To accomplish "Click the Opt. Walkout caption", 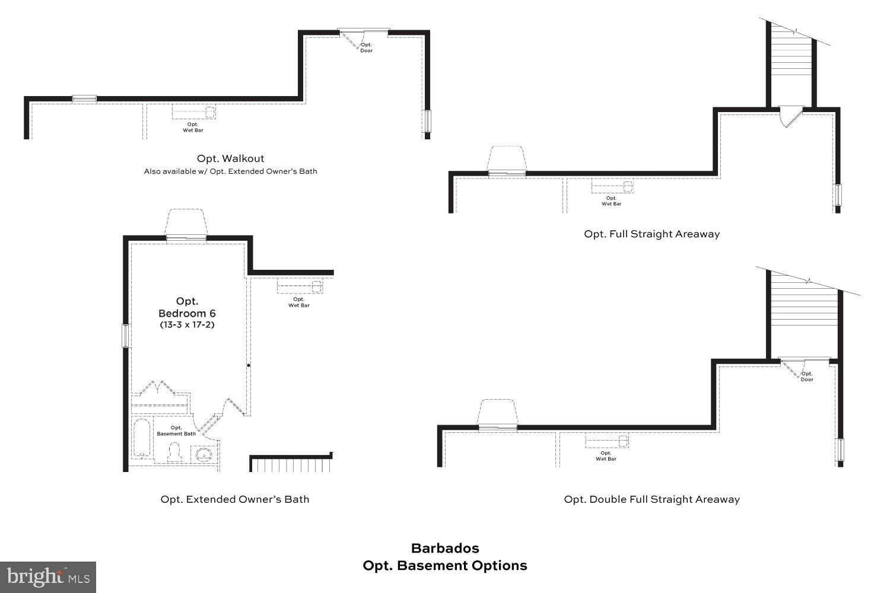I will [230, 158].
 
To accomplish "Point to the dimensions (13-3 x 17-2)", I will [186, 325].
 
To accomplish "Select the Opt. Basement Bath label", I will [176, 431].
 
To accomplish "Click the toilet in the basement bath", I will [174, 453].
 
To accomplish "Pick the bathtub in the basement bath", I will [142, 438].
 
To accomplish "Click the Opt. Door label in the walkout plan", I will [367, 47].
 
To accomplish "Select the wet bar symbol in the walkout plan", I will [194, 111].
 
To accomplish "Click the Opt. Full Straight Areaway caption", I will [651, 234].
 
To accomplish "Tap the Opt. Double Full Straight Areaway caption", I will [651, 499].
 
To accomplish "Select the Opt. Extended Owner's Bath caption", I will [235, 499].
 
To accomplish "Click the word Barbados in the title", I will [445, 548].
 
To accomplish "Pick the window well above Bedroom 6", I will [186, 224].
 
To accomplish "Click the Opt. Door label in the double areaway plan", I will [807, 377].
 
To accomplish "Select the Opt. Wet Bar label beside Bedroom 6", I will [299, 302].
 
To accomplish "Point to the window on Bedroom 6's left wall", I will [125, 336].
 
